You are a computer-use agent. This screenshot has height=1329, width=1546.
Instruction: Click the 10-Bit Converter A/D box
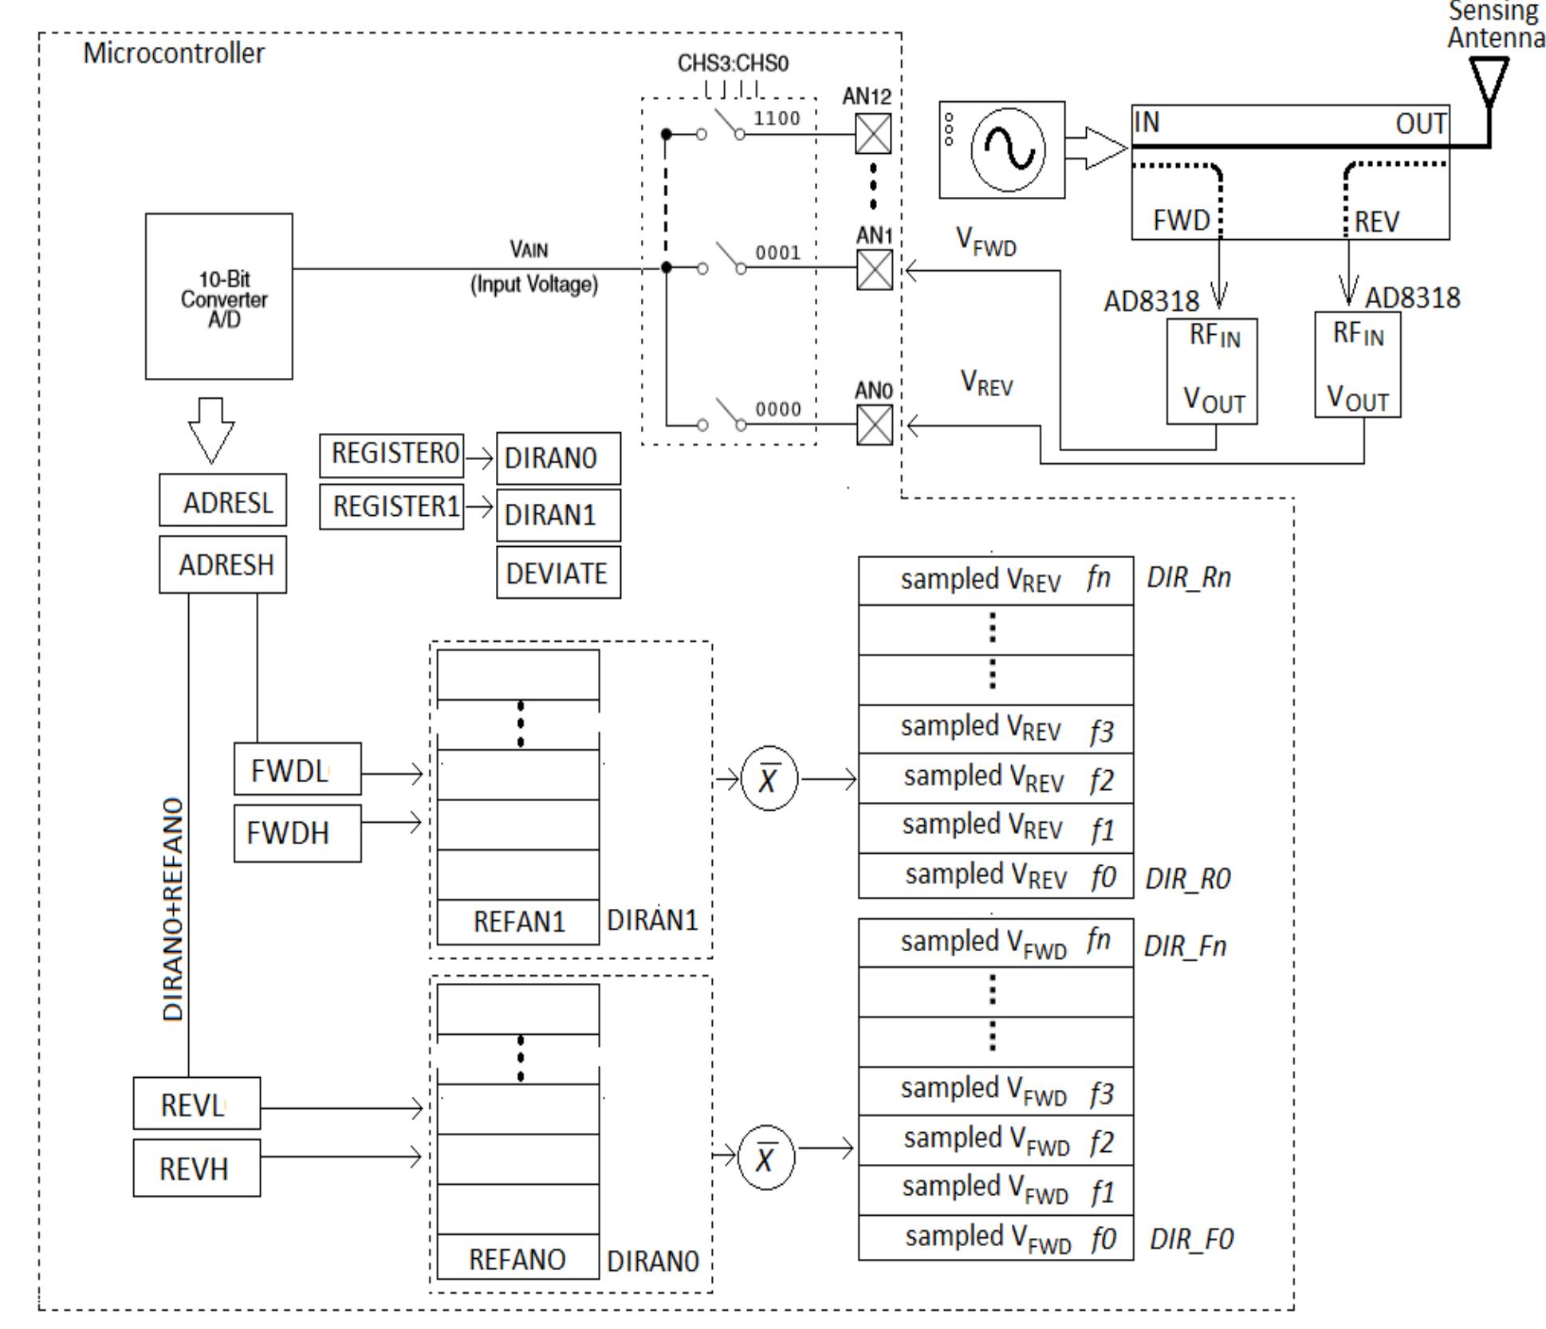click(218, 296)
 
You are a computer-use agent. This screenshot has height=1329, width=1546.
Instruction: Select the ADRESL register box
click(222, 500)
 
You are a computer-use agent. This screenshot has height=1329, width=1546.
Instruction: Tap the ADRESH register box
click(222, 564)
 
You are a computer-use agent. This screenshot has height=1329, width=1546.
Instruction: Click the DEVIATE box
click(558, 572)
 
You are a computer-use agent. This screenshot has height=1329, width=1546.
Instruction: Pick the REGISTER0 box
click(391, 454)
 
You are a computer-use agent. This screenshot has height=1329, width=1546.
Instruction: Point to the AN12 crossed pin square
click(873, 134)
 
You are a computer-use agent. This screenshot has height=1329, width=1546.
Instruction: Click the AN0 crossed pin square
click(874, 425)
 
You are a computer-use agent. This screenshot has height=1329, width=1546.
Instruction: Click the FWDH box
click(297, 833)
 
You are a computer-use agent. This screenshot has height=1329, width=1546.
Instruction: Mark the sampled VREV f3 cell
click(995, 729)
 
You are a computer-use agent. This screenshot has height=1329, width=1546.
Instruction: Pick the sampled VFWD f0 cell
click(995, 1238)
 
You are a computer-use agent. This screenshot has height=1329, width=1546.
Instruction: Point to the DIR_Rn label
click(1188, 577)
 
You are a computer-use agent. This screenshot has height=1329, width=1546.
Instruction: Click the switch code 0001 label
click(777, 253)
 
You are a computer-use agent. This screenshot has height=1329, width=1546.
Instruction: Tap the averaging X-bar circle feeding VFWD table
click(766, 1158)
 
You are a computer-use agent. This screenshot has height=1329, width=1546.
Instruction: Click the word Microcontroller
click(174, 53)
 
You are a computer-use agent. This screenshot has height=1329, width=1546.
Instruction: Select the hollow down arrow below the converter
click(211, 430)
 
